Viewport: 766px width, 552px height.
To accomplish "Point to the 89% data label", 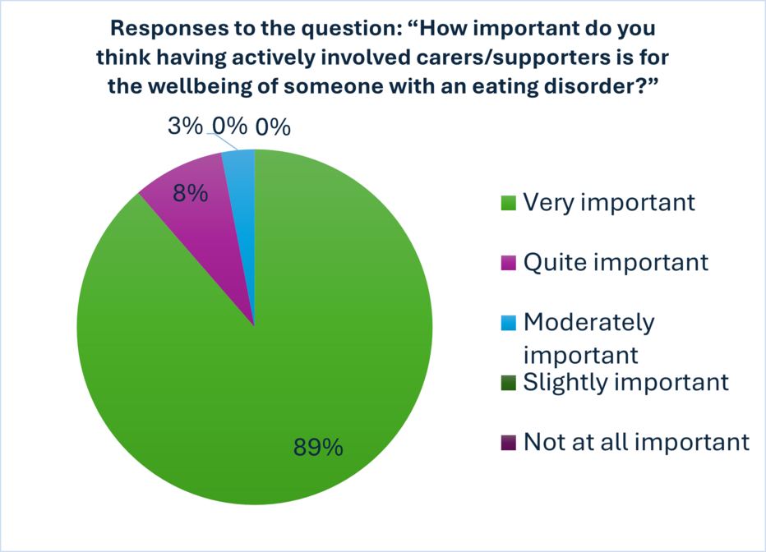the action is point(319,447).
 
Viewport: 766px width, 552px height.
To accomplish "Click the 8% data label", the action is point(191,194).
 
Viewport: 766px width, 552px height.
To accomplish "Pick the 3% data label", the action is point(185,126).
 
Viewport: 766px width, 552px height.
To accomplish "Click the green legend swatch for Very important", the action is point(509,203).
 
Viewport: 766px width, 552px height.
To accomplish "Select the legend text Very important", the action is point(609,203).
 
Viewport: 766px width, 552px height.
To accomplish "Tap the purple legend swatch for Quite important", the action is point(509,263).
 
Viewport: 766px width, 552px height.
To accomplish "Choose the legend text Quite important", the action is point(616,263).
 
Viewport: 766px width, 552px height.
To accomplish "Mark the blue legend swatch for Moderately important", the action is point(509,323).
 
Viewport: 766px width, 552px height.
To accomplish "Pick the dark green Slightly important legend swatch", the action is point(509,383).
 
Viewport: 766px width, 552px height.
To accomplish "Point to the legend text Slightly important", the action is point(626,383).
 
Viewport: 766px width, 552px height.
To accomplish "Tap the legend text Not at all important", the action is point(636,442).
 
